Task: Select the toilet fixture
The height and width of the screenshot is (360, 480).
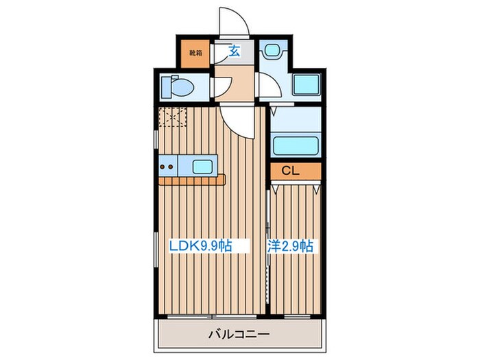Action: (178, 88)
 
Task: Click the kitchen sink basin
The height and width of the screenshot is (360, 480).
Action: (203, 166)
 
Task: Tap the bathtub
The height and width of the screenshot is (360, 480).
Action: (294, 145)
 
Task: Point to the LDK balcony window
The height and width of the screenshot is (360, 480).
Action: (211, 317)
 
